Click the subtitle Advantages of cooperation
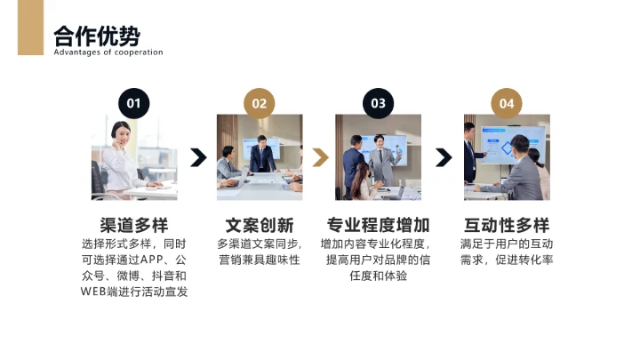tap(108, 52)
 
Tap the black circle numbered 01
tap(133, 103)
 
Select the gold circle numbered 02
tap(259, 103)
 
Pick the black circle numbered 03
tap(378, 103)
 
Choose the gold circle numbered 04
tap(506, 103)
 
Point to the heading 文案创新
tap(259, 224)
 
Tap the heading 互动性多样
tap(507, 224)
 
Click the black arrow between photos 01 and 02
tap(198, 157)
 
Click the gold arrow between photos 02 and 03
tap(320, 157)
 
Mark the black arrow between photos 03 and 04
tap(443, 157)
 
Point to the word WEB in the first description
tap(93, 292)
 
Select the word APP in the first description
tap(153, 260)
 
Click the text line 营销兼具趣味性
tap(259, 260)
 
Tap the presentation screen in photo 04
tap(513, 138)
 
